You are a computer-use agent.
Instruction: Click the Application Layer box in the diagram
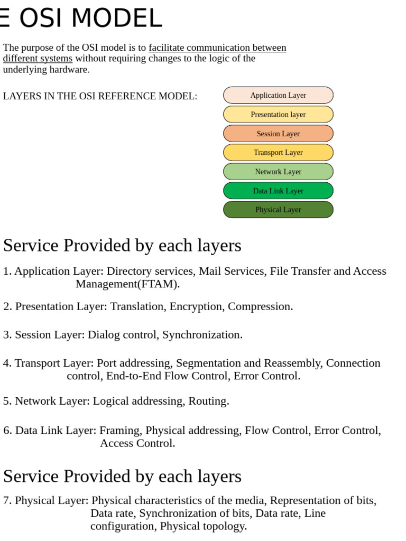click(x=278, y=95)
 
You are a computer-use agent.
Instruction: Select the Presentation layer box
click(x=278, y=114)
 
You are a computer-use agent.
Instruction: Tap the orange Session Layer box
click(x=278, y=134)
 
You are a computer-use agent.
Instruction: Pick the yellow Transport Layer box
click(x=278, y=152)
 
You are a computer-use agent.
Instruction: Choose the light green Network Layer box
click(x=278, y=172)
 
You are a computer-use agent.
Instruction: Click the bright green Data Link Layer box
click(x=278, y=191)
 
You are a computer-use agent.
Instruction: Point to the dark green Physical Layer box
click(x=278, y=210)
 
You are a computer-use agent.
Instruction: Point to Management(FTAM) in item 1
click(x=127, y=284)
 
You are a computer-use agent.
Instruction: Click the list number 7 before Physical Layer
click(x=7, y=500)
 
